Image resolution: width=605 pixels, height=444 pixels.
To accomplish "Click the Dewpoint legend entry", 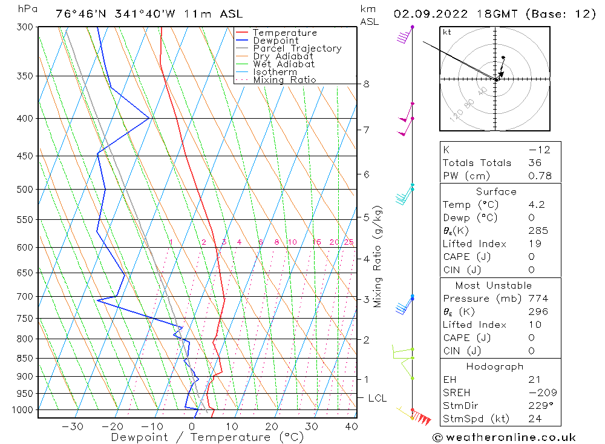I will click(x=275, y=41).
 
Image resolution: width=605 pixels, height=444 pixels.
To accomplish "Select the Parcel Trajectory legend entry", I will click(x=297, y=48).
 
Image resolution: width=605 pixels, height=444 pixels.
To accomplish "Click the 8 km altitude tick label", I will click(x=366, y=84).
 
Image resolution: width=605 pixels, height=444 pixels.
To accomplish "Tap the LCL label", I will click(x=378, y=398).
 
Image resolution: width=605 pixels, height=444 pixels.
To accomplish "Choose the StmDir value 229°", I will click(x=540, y=405).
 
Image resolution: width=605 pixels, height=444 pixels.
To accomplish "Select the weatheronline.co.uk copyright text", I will click(x=504, y=437).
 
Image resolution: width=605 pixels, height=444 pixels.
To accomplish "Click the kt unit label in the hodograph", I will click(x=447, y=32).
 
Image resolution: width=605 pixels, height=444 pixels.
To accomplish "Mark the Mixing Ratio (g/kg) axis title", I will click(x=378, y=256).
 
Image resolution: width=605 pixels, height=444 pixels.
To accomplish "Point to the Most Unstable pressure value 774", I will click(x=538, y=299).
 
